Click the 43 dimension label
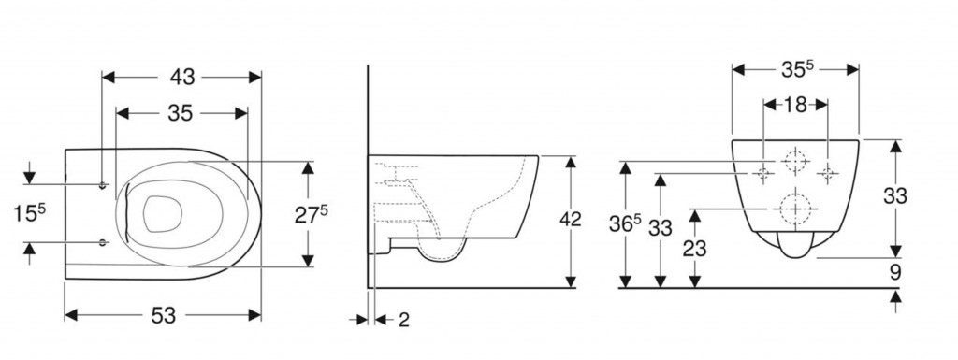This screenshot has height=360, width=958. [182, 77]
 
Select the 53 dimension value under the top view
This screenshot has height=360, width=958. [163, 315]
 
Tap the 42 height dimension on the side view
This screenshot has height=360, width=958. [570, 220]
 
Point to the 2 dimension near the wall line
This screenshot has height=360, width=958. [404, 319]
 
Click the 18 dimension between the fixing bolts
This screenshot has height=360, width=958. [795, 105]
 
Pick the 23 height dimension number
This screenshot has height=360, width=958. [695, 249]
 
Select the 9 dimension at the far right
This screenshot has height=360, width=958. [895, 272]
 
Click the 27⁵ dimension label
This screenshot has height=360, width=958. [312, 215]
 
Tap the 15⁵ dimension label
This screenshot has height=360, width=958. [29, 213]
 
